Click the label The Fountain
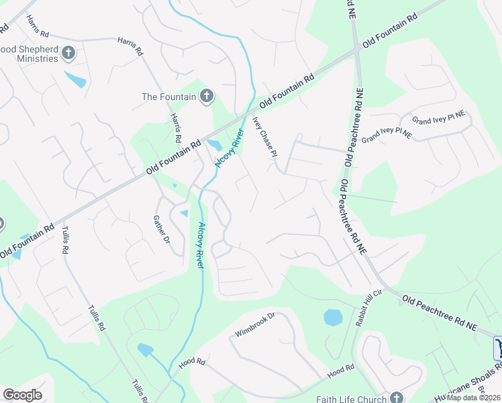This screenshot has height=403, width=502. [x=168, y=97]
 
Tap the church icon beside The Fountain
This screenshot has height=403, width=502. [x=207, y=97]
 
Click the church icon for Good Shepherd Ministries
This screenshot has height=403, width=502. [x=68, y=53]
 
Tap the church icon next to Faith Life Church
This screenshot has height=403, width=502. [x=397, y=397]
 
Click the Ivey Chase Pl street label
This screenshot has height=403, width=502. [x=264, y=136]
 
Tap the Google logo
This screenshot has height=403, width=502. [x=22, y=395]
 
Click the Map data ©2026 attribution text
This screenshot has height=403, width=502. [x=473, y=398]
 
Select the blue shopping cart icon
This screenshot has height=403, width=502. [x=499, y=348]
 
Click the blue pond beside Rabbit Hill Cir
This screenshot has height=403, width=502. [x=333, y=317]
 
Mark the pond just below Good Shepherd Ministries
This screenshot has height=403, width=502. [x=76, y=80]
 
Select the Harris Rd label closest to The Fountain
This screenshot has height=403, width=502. [x=177, y=128]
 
